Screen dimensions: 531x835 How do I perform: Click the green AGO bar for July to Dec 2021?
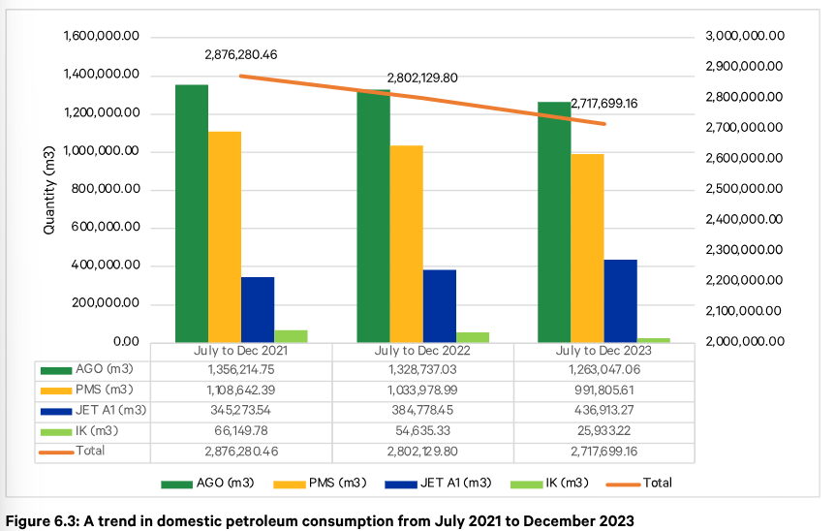[192, 213]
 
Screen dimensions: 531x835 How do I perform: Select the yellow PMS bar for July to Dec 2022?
[406, 243]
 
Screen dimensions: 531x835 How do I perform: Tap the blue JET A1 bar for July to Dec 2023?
[621, 300]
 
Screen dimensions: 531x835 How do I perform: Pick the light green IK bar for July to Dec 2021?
[291, 336]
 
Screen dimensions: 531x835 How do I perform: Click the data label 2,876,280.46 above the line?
[241, 55]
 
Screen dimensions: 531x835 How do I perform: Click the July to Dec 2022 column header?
[423, 351]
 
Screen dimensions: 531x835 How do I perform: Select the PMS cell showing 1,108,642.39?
[241, 390]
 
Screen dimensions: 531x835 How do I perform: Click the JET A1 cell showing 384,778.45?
[423, 410]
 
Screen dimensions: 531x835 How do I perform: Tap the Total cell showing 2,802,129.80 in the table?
[423, 451]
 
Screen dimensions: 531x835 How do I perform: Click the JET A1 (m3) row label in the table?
[115, 410]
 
